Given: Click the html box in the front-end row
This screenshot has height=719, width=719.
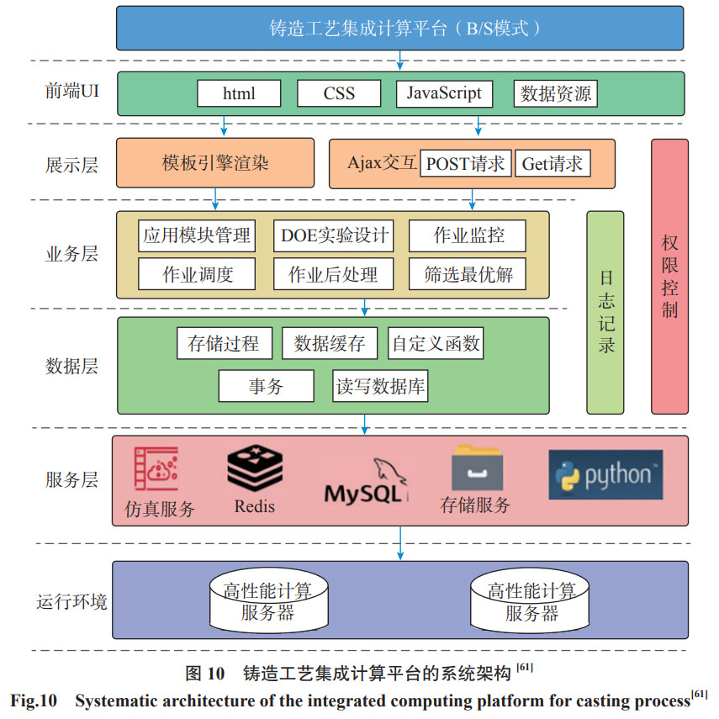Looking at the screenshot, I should (239, 93).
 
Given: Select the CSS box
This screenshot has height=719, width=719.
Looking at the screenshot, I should (339, 93).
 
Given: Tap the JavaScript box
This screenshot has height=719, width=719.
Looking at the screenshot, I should (444, 93).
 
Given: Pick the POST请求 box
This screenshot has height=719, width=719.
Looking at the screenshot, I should (465, 163).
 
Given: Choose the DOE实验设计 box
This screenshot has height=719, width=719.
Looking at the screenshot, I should (335, 236).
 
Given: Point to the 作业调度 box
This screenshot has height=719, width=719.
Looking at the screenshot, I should (197, 274).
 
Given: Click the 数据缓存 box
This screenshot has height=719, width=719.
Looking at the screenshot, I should (330, 343).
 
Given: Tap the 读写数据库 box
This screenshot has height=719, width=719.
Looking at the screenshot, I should (381, 387).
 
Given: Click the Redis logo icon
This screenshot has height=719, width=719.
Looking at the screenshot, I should (254, 469).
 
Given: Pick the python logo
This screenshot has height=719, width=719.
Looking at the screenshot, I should (605, 475).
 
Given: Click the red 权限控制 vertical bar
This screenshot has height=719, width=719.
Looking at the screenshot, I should (669, 276).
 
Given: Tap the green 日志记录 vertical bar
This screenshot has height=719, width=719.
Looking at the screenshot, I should (605, 312).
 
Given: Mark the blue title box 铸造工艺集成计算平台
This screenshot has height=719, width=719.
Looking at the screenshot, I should (400, 28).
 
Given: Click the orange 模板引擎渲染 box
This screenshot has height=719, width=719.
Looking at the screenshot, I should (215, 162).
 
